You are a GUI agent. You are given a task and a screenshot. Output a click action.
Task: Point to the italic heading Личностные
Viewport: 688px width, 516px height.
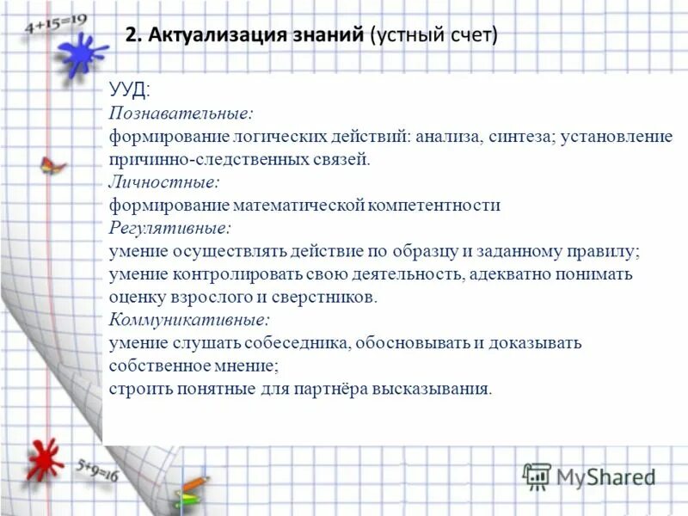pyautogui.click(x=163, y=182)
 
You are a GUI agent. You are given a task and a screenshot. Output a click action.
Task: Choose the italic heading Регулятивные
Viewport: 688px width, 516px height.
pyautogui.click(x=170, y=229)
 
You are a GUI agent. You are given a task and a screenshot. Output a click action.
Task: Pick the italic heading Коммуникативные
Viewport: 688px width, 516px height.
pyautogui.click(x=189, y=319)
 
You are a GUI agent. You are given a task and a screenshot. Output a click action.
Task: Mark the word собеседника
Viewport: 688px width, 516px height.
pyautogui.click(x=292, y=342)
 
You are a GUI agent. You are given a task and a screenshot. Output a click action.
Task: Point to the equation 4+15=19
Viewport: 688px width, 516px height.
pyautogui.click(x=57, y=21)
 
